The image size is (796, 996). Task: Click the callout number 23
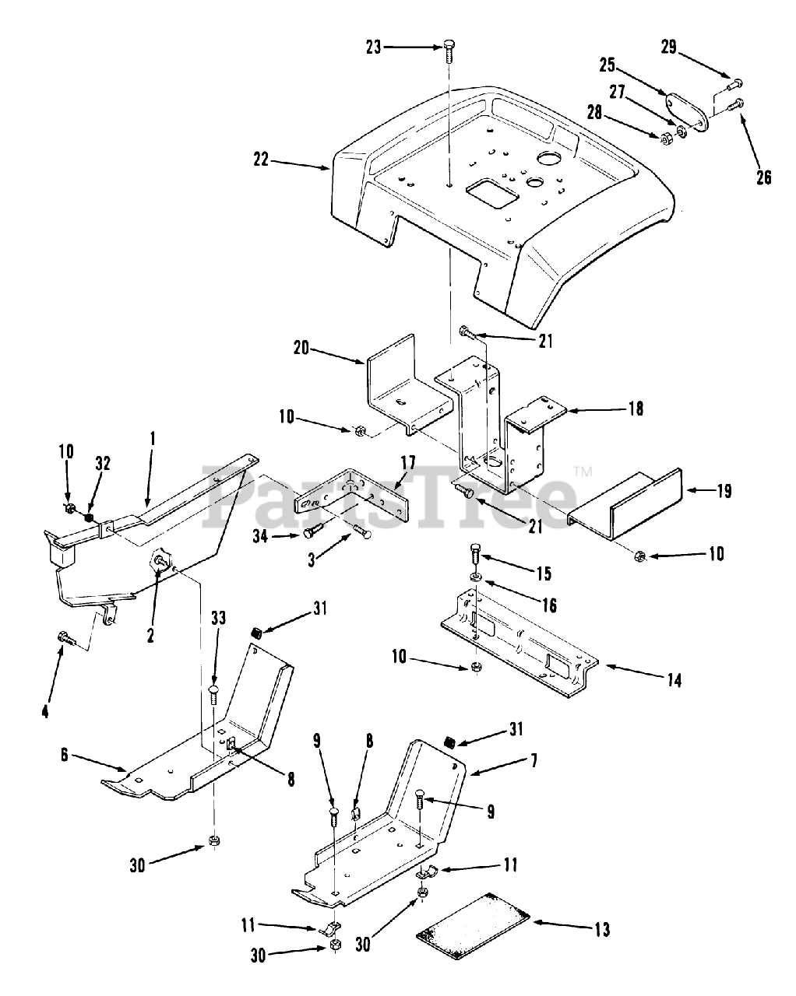click(x=375, y=47)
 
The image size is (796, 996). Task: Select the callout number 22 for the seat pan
click(x=260, y=160)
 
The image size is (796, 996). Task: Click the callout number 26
click(x=764, y=177)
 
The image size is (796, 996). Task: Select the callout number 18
click(x=636, y=408)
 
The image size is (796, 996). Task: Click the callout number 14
click(x=674, y=680)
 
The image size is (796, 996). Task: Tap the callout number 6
click(x=66, y=754)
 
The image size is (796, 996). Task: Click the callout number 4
click(x=44, y=710)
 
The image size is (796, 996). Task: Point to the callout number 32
click(x=103, y=465)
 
